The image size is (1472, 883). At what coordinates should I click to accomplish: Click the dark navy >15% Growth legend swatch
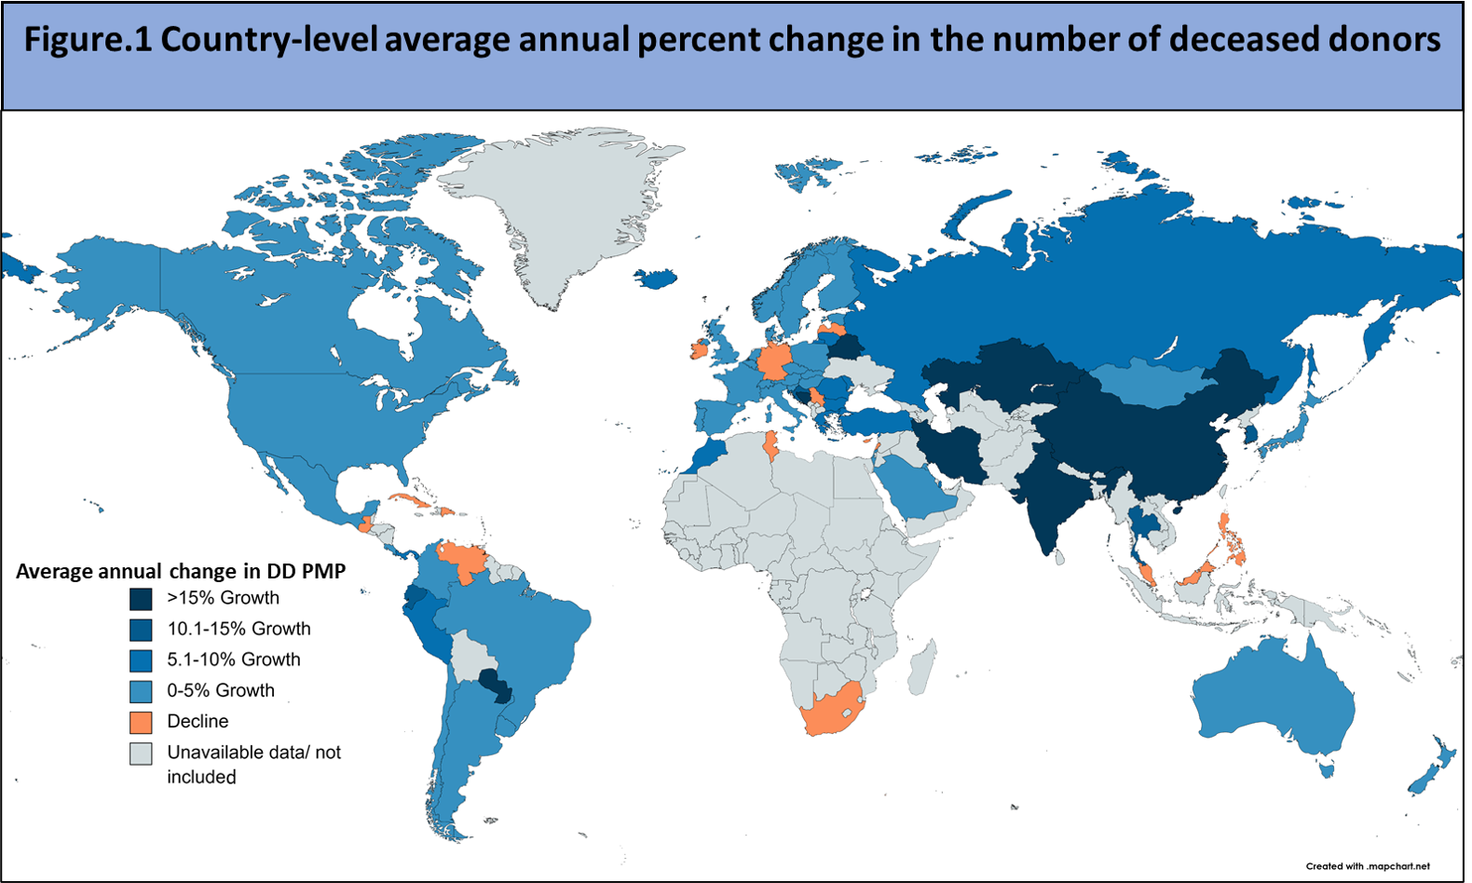click(x=141, y=599)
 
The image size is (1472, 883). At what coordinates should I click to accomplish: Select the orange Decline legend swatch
click(x=141, y=722)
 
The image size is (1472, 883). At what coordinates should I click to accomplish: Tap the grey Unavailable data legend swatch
click(x=141, y=754)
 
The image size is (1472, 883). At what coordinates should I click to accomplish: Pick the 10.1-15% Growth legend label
click(x=239, y=629)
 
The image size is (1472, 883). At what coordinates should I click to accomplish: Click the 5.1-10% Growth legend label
click(x=233, y=659)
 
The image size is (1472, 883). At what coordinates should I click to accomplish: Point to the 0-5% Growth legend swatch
click(x=141, y=691)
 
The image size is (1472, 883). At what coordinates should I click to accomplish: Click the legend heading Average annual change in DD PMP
click(x=181, y=571)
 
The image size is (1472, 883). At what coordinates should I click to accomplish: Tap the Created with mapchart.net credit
click(x=1367, y=866)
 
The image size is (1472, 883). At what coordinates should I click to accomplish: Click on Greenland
click(x=559, y=205)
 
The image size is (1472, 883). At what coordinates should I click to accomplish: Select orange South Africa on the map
click(x=832, y=713)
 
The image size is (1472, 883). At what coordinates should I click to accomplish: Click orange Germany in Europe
click(x=773, y=360)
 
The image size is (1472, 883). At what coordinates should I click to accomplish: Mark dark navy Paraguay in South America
click(x=496, y=685)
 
